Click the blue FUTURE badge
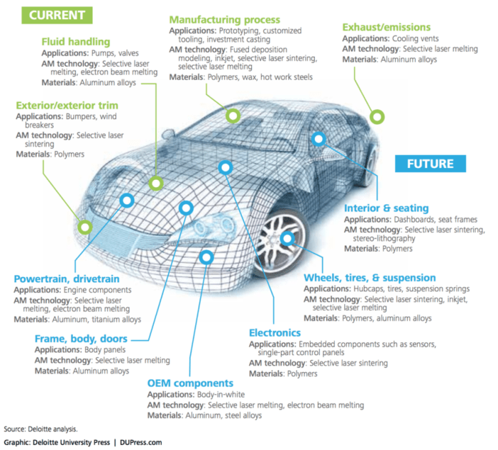point(431,164)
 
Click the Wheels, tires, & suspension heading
point(369,277)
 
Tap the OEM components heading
point(190,383)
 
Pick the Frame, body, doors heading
point(81,338)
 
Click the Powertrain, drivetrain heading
point(67,279)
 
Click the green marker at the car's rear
point(376,116)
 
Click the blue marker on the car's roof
point(318,139)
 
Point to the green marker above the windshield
point(231,116)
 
